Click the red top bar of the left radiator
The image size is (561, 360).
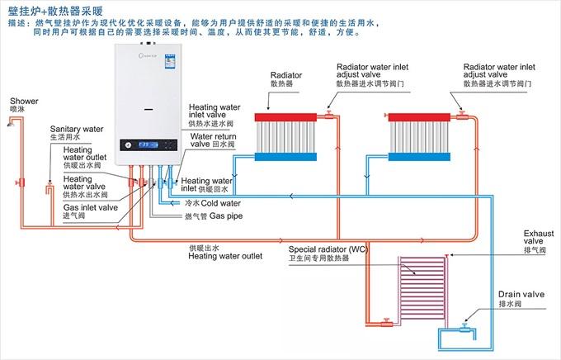coord(287,117)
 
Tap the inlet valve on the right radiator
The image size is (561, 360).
coord(460,107)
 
